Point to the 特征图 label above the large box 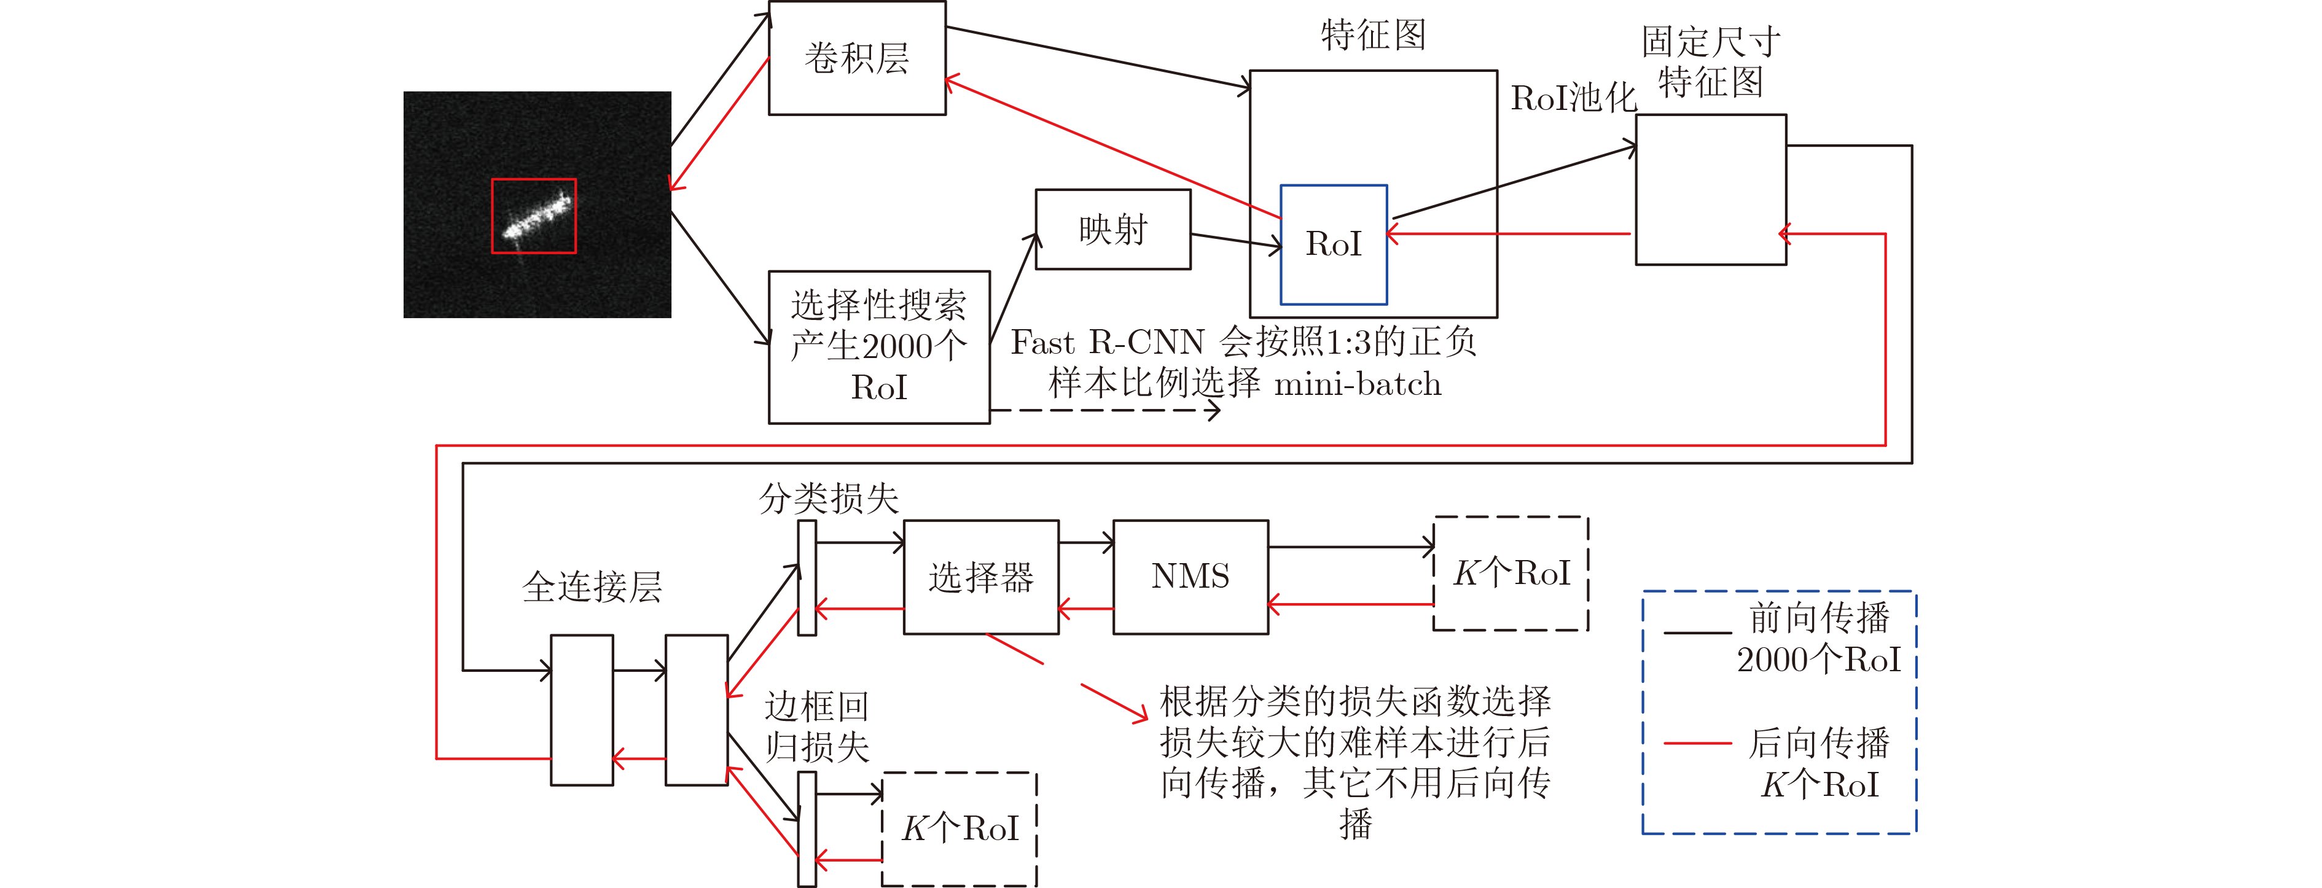click(1373, 35)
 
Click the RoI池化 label click(1573, 98)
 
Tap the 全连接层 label click(592, 587)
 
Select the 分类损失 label click(829, 497)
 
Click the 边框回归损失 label click(816, 726)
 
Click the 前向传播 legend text click(1819, 618)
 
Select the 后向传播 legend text click(1819, 743)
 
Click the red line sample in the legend click(1697, 744)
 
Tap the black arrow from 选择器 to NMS click(1086, 543)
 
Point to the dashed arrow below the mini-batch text click(1105, 411)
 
